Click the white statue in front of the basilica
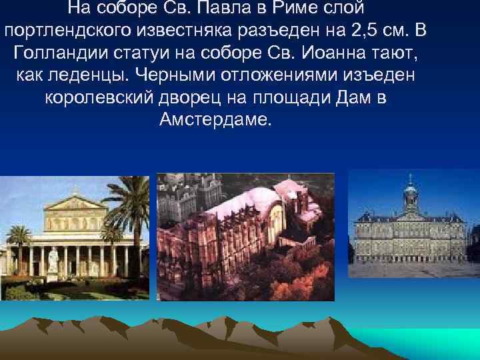(53, 259)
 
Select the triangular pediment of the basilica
(75, 201)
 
